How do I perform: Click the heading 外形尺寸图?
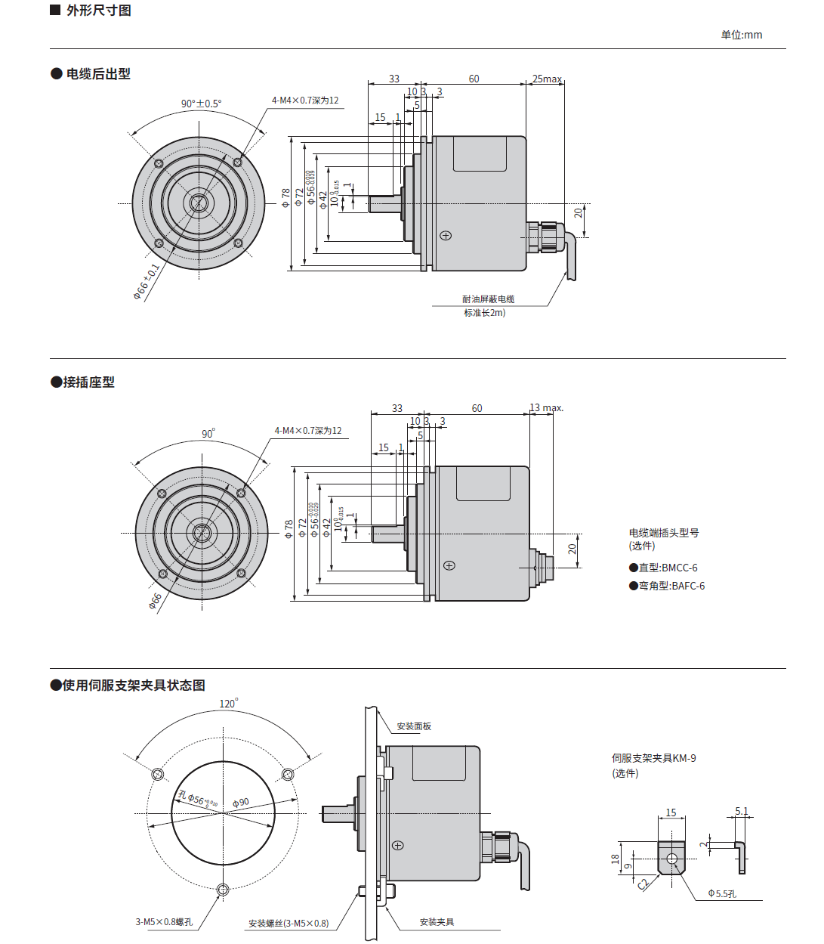click(98, 11)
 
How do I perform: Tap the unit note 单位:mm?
click(741, 35)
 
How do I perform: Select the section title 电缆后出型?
click(97, 74)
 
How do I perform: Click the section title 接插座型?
click(88, 382)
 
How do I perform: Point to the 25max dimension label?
click(547, 79)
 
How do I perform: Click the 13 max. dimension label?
click(546, 408)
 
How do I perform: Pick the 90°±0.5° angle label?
click(201, 104)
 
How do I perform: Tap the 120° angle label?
click(228, 704)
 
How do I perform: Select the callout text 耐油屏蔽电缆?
click(489, 299)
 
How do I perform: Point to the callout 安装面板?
click(414, 726)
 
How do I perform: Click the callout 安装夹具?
click(437, 922)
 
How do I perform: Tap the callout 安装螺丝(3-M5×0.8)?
click(289, 924)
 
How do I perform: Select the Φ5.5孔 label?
click(722, 893)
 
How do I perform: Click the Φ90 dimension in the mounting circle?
click(241, 803)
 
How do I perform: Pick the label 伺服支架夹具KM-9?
click(653, 758)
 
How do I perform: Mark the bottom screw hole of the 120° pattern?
click(222, 890)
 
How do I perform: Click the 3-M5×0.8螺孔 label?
click(164, 922)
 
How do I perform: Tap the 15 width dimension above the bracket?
click(671, 813)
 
